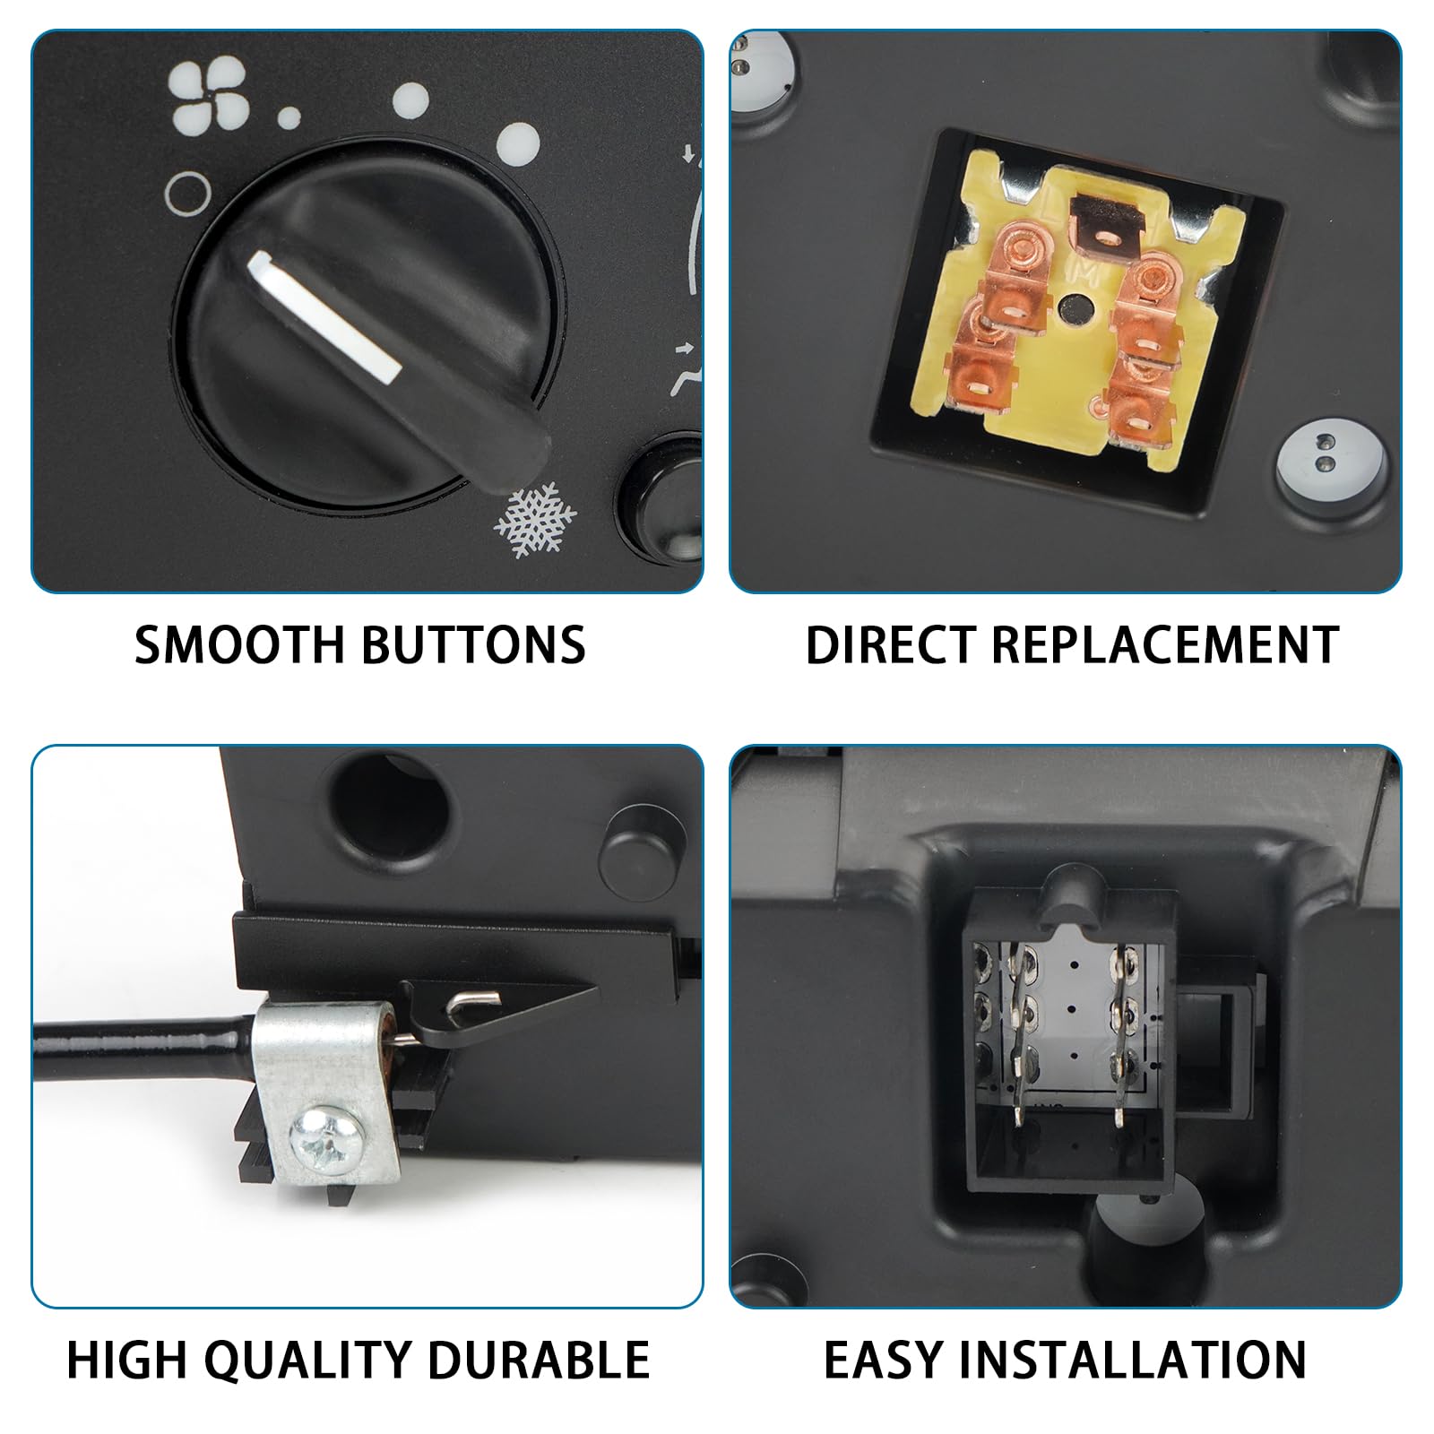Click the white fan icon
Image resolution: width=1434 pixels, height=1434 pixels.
[x=209, y=99]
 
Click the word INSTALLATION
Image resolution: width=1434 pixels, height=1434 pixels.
[x=1140, y=1360]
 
